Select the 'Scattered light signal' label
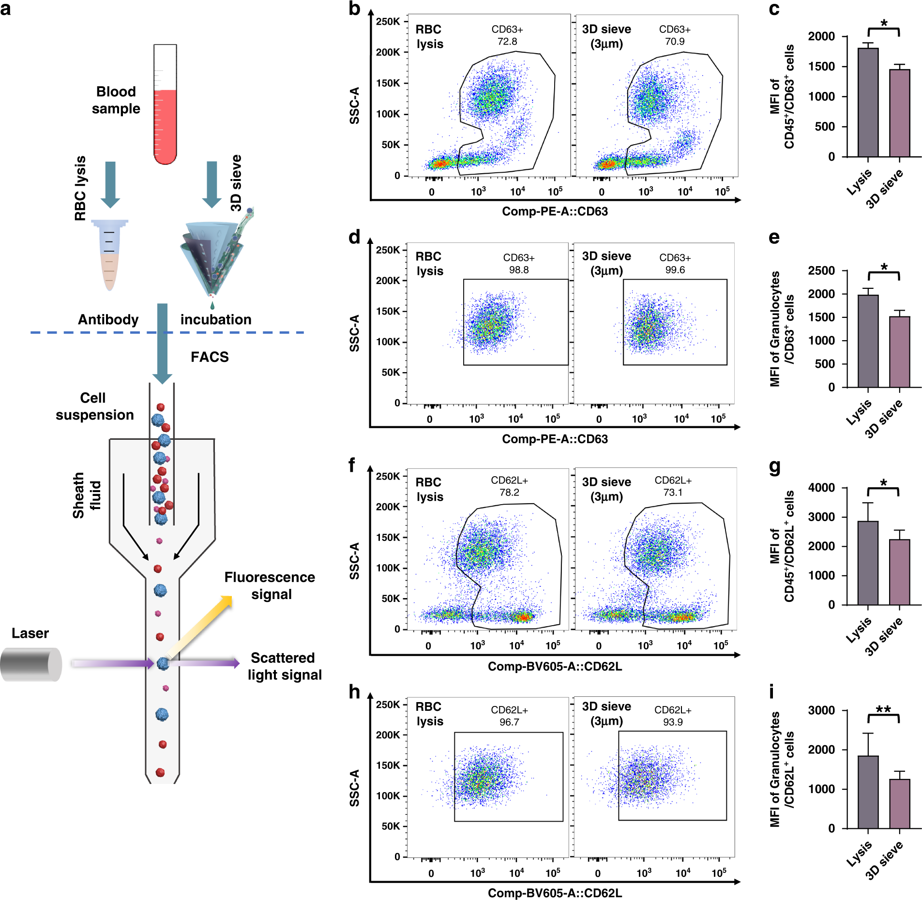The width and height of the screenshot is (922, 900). [284, 666]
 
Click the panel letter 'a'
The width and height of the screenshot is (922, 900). [6, 9]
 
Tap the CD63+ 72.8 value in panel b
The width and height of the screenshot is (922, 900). [507, 42]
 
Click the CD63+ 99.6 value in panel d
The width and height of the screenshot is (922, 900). [675, 270]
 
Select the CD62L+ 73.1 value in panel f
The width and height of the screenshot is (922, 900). [673, 493]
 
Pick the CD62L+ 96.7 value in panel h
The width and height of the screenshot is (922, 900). [509, 722]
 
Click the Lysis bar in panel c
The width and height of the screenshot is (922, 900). [868, 103]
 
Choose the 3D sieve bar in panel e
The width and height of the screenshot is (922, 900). [899, 352]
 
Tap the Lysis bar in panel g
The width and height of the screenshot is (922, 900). [868, 563]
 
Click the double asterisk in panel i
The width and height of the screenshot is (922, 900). [883, 710]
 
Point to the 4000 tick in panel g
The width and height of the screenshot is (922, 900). [821, 488]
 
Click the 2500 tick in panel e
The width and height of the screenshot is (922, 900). [821, 270]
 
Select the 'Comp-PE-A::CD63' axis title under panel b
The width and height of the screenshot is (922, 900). [555, 211]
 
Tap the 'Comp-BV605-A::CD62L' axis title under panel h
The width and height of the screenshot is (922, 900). [555, 893]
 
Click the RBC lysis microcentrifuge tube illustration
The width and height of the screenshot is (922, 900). [110, 254]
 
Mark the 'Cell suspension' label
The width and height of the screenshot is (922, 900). [94, 406]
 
